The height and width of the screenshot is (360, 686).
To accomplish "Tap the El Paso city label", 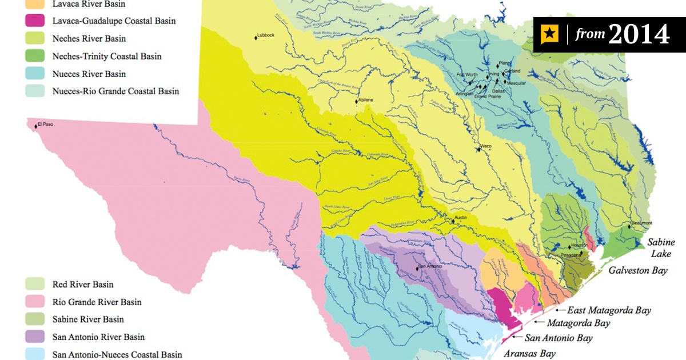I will click(x=46, y=124).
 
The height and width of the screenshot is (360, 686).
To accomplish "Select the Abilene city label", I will click(x=366, y=100).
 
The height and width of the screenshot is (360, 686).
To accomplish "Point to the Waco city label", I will click(x=486, y=147).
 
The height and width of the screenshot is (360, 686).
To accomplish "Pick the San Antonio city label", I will click(x=430, y=266).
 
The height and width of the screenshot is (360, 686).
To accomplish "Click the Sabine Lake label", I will click(x=660, y=248).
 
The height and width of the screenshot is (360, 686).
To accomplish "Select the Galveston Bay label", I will click(x=638, y=270).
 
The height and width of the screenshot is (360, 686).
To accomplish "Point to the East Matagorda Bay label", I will click(x=609, y=310).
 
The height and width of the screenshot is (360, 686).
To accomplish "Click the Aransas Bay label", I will click(x=529, y=354).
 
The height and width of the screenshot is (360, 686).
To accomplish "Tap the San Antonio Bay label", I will click(x=559, y=338).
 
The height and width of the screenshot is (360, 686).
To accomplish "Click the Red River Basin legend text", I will click(x=83, y=285).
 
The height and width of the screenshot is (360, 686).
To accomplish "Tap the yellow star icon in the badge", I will click(x=549, y=35).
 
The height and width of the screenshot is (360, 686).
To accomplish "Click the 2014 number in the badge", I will click(x=639, y=35).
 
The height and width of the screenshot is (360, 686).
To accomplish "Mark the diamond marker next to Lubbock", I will click(x=256, y=38).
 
